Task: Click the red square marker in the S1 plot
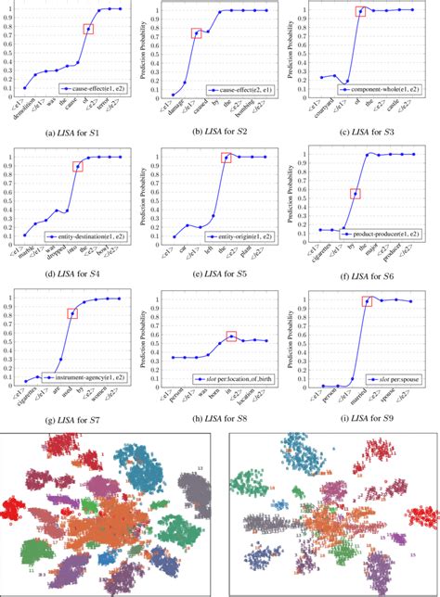pos(88,29)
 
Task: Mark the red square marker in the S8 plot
pos(232,337)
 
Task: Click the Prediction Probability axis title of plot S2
pos(159,52)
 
